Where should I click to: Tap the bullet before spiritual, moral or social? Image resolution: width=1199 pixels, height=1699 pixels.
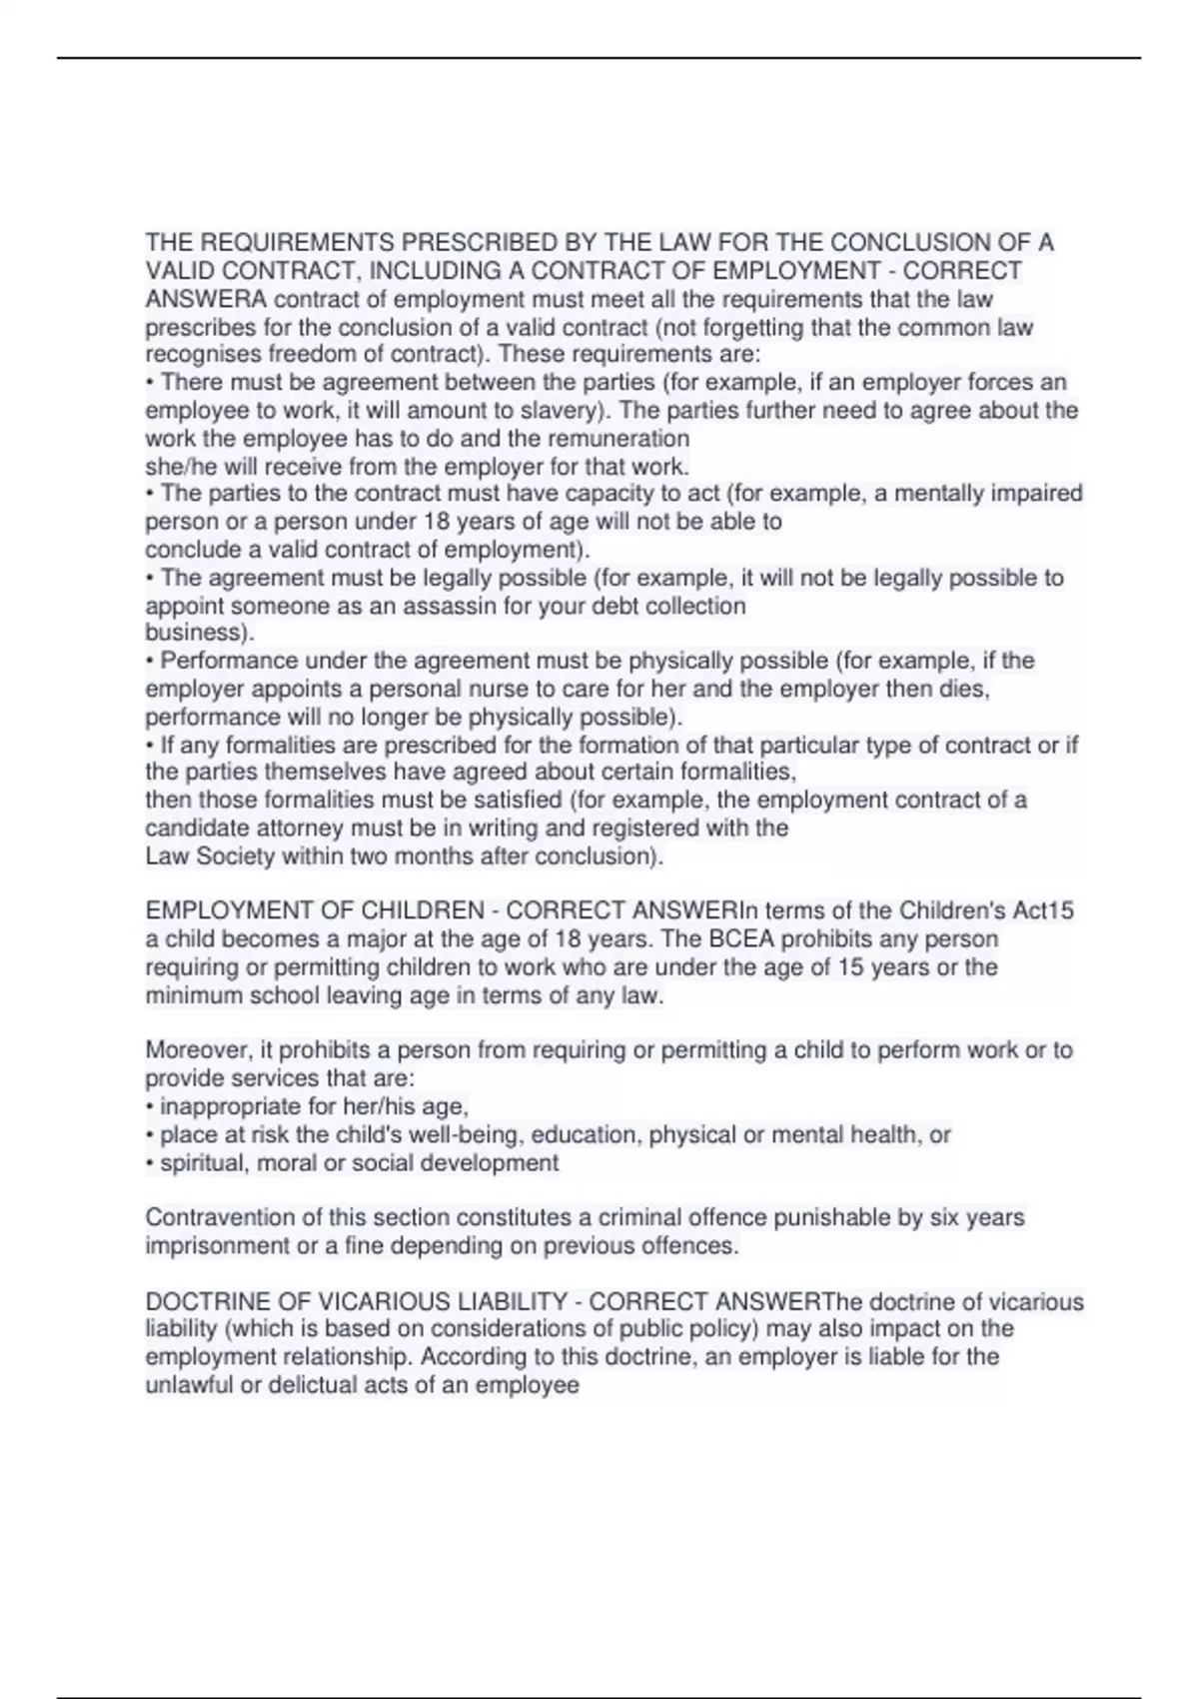coord(150,1163)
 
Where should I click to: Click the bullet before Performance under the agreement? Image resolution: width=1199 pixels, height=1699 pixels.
coord(150,662)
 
